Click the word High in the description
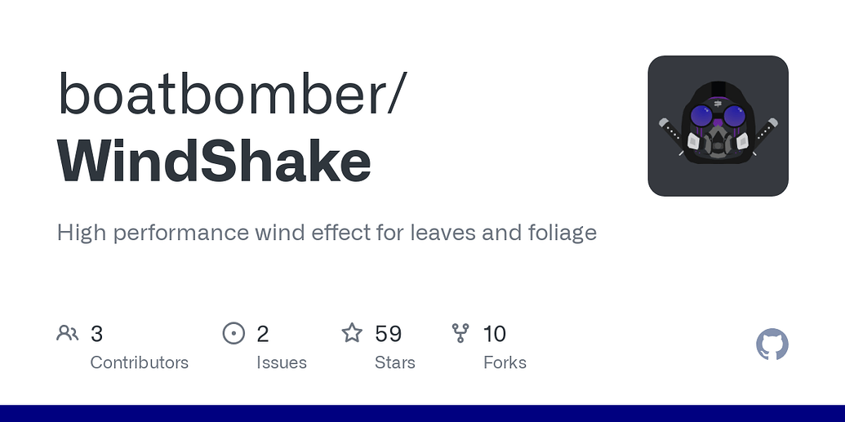click(x=82, y=233)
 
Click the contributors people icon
click(x=68, y=333)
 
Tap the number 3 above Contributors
click(x=96, y=334)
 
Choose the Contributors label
click(x=139, y=362)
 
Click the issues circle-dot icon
click(x=233, y=333)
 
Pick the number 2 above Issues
click(x=263, y=334)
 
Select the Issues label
click(x=282, y=362)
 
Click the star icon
click(x=352, y=333)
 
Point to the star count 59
click(x=388, y=334)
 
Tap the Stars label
click(x=395, y=362)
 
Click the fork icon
click(x=460, y=333)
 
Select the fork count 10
click(x=495, y=334)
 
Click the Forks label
click(x=505, y=362)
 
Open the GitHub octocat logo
click(x=772, y=345)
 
